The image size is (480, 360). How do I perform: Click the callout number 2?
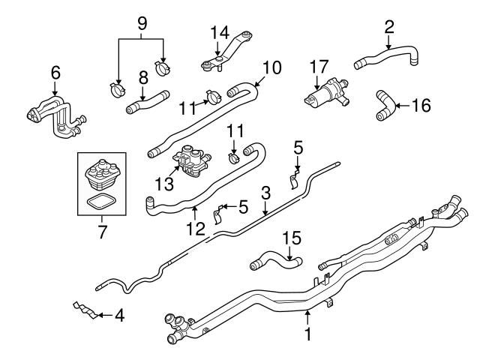pyautogui.click(x=388, y=27)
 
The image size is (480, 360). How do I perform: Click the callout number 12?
pyautogui.click(x=196, y=226)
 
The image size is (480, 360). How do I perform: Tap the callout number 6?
pyautogui.click(x=53, y=73)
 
